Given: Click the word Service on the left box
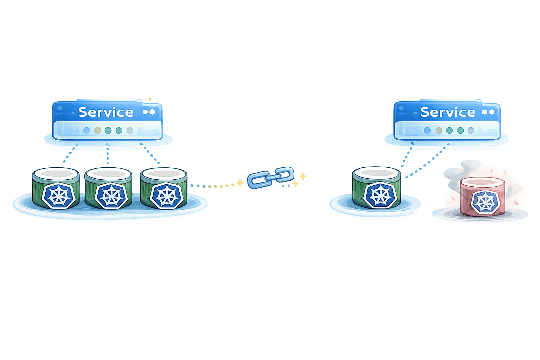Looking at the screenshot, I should [x=105, y=112].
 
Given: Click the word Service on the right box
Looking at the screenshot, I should [x=448, y=112].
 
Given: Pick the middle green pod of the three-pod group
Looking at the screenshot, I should [x=108, y=188].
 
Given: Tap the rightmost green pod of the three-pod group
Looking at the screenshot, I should [x=163, y=188].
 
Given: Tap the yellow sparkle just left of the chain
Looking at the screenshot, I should [x=240, y=182].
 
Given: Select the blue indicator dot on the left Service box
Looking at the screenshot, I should [x=86, y=130].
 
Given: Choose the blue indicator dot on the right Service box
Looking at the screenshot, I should [x=427, y=130].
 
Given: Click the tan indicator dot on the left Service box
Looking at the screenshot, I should [x=98, y=130].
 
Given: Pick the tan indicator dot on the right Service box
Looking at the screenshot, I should [x=438, y=130].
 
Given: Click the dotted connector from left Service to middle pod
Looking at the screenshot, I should [x=108, y=155].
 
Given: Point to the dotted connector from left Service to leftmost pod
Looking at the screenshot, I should [x=68, y=155].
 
